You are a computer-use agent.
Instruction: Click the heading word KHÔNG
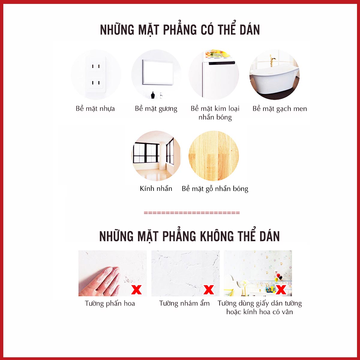coord(217,236)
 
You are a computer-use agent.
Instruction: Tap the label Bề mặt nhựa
coord(95,109)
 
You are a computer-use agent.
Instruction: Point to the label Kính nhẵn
coord(156,188)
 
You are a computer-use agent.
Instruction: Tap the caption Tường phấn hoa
coord(110,303)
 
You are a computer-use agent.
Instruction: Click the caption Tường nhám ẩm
coord(184,303)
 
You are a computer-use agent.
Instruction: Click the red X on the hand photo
coord(136,290)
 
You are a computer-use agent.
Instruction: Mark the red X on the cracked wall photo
coord(209,290)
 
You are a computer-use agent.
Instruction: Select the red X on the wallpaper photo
coord(281,290)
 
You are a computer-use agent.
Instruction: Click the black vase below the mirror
coord(153,95)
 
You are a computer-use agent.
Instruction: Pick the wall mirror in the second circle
coord(158,72)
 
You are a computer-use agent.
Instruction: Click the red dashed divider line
coord(192,213)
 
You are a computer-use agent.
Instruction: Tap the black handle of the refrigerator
coord(222,63)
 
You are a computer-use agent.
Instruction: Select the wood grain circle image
coord(214,156)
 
